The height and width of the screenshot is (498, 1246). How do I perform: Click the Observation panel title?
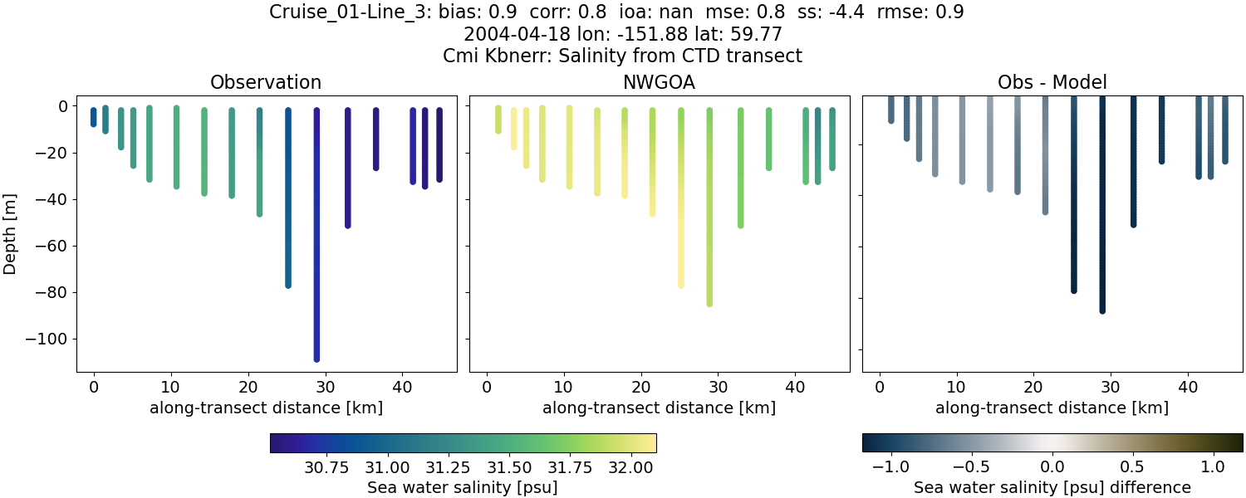click(266, 82)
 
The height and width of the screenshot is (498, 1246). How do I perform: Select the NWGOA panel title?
click(660, 82)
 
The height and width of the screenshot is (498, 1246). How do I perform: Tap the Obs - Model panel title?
click(1052, 82)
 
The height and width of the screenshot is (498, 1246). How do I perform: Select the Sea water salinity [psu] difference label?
click(1052, 487)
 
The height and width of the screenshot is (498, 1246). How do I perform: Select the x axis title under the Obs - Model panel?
click(1052, 408)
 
